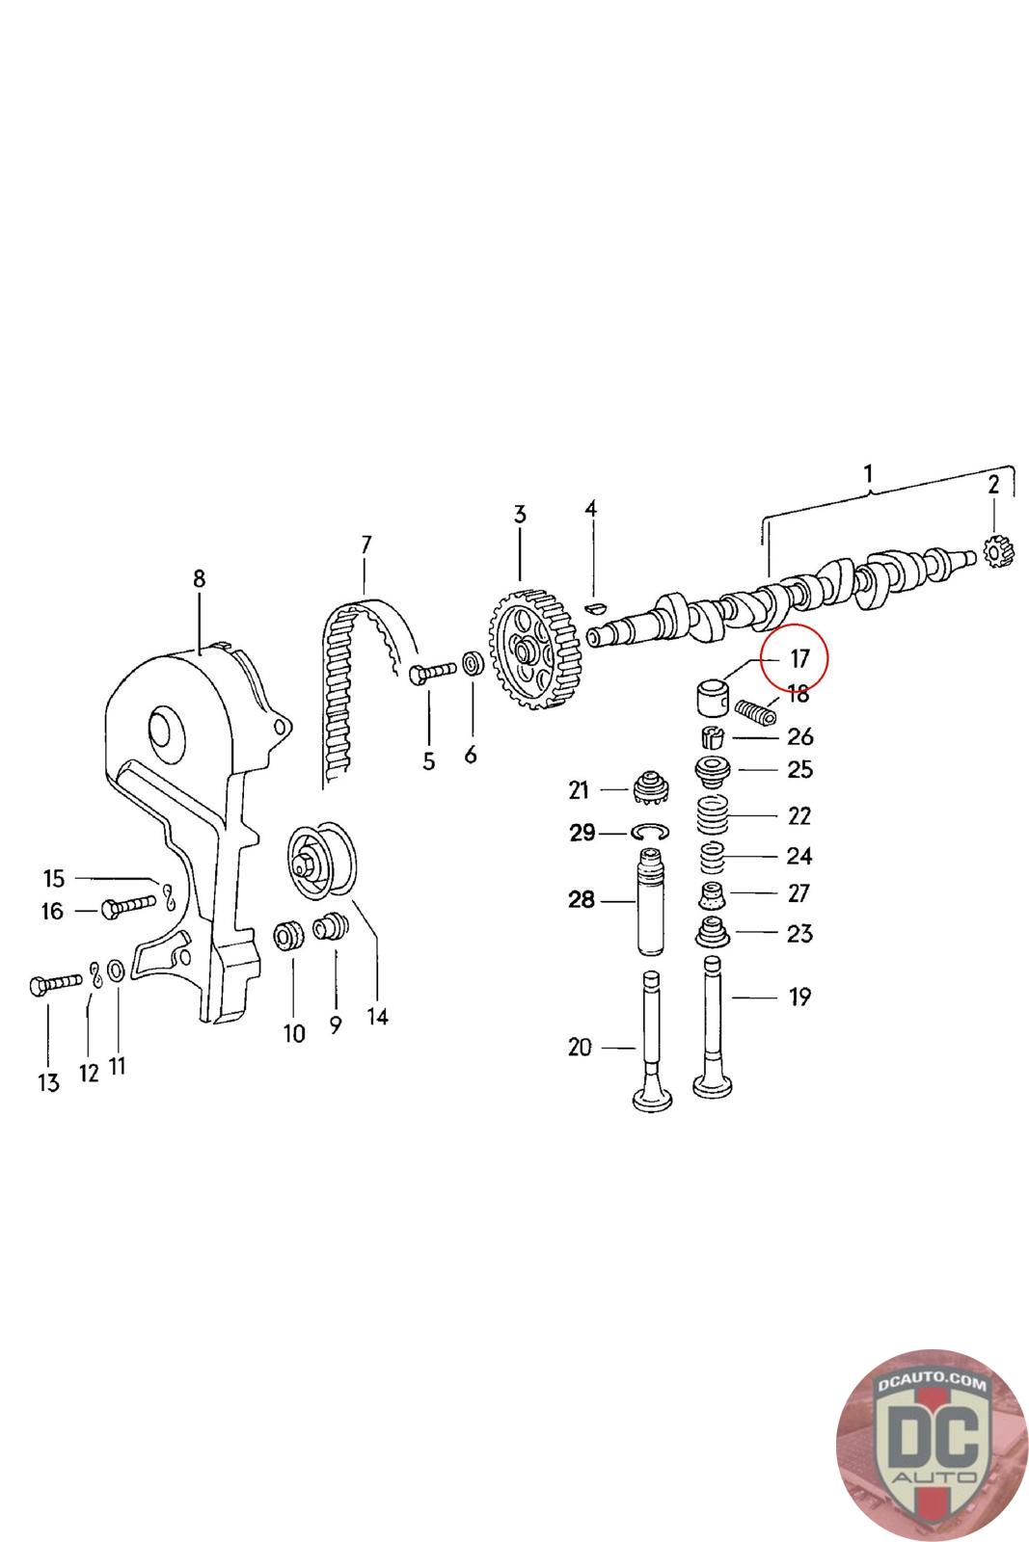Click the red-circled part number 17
[x=799, y=660]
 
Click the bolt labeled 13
[x=54, y=984]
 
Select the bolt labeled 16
[x=126, y=906]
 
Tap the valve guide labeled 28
[x=653, y=902]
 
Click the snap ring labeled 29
[x=651, y=832]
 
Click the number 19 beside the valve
[x=799, y=997]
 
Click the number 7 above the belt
[x=366, y=545]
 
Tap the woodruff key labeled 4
[x=594, y=607]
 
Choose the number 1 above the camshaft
[x=868, y=474]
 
